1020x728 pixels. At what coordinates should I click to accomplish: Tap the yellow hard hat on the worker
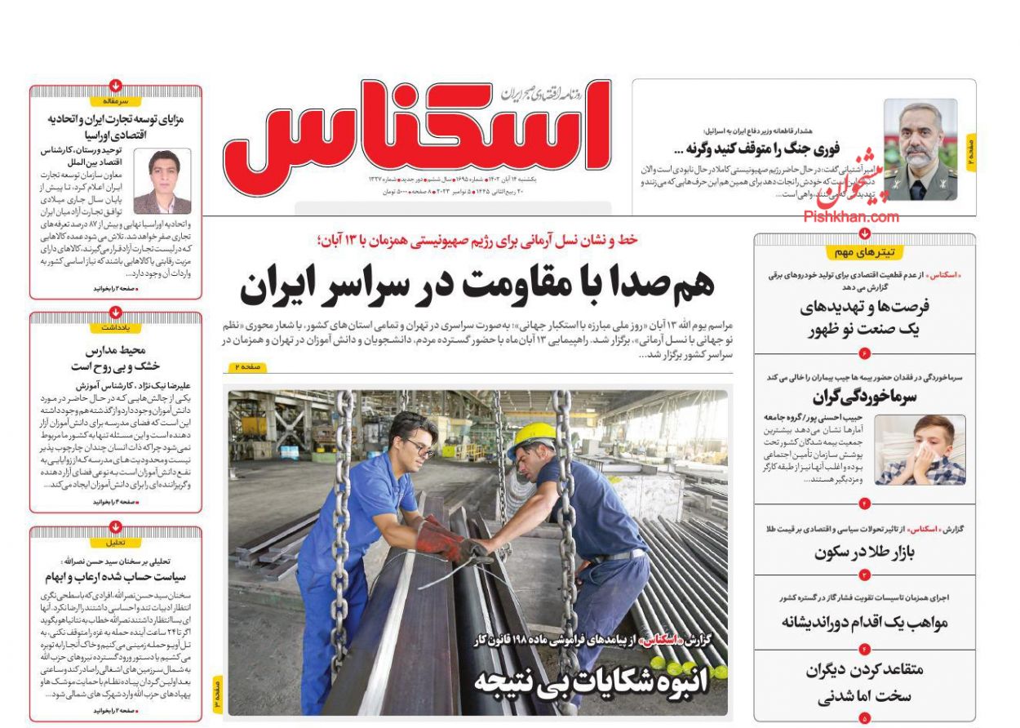(x=531, y=436)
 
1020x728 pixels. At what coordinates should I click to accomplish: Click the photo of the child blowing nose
(x=920, y=450)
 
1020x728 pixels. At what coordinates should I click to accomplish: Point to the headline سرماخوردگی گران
(x=864, y=397)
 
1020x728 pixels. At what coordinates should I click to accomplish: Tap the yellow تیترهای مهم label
(x=864, y=252)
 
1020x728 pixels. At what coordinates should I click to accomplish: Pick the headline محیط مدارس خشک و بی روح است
(x=115, y=358)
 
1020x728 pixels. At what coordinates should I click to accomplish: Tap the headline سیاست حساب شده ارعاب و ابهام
(x=116, y=576)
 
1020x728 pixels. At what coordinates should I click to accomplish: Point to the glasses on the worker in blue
(x=421, y=447)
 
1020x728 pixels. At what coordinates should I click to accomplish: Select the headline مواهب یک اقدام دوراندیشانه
(x=865, y=622)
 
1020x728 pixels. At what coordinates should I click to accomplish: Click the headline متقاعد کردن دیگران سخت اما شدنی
(x=865, y=683)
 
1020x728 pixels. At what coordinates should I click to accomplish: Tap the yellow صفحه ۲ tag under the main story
(x=246, y=368)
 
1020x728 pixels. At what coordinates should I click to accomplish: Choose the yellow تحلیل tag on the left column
(x=115, y=542)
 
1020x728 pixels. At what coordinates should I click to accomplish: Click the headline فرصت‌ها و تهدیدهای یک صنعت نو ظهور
(x=865, y=317)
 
